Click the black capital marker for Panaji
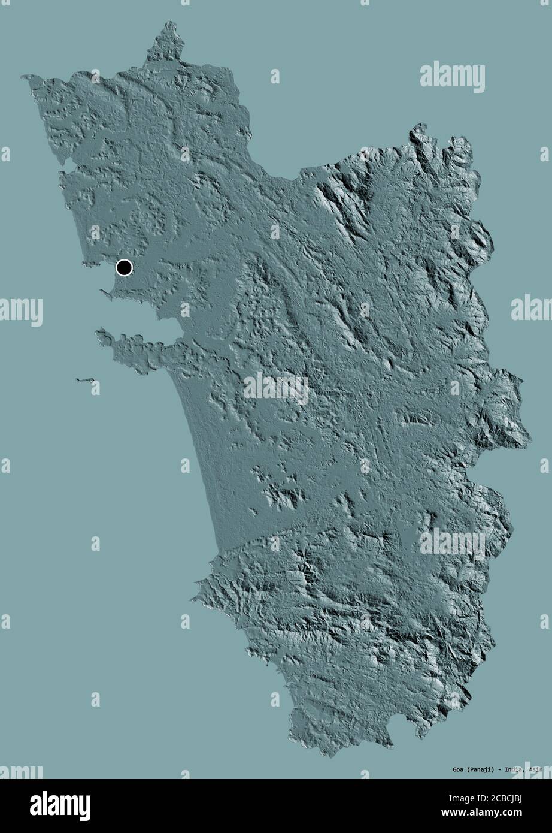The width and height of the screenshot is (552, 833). point(124,267)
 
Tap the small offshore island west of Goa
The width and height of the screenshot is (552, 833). point(86,379)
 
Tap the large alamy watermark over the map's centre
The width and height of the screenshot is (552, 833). point(276,388)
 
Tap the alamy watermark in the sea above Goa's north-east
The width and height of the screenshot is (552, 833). point(452,76)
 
